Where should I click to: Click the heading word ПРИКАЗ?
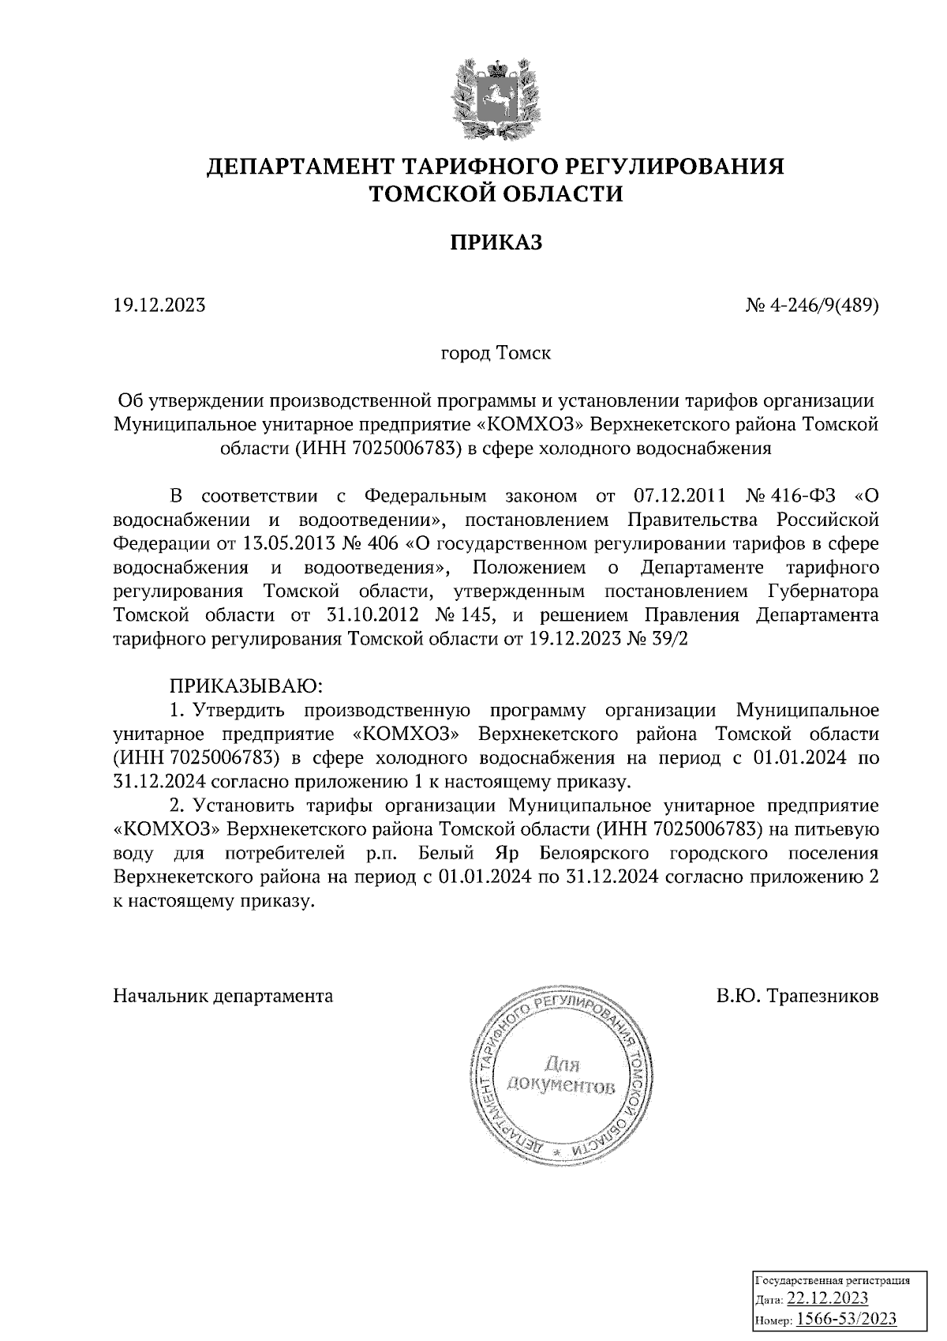[496, 242]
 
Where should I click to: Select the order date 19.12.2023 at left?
[159, 304]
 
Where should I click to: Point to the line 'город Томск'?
[496, 352]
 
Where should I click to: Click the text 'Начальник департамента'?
[223, 995]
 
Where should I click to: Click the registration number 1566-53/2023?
[847, 1318]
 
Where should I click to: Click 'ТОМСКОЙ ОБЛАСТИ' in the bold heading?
[496, 193]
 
